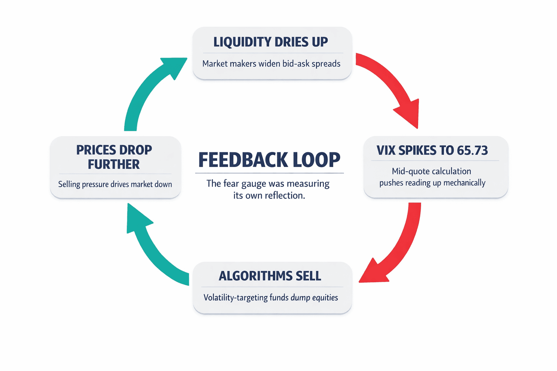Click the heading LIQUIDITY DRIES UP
coord(271,42)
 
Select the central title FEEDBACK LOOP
coord(269,160)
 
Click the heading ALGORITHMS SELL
coord(270,276)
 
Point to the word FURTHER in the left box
coord(114,164)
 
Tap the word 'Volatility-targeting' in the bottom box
coord(236,298)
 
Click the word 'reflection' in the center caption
coord(284,196)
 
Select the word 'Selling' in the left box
coord(69,184)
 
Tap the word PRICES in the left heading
coord(95,150)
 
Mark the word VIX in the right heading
coord(386,150)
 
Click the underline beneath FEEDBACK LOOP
coord(269,173)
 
